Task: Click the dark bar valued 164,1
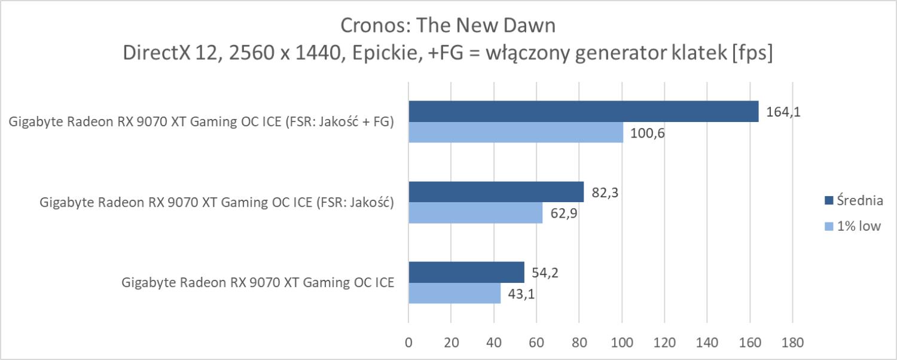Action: (583, 111)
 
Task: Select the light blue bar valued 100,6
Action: (515, 133)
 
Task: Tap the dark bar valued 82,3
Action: (496, 192)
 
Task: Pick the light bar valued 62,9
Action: (475, 213)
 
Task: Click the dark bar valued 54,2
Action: (466, 272)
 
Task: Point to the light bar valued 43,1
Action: (454, 293)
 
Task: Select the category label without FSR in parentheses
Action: (258, 283)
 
